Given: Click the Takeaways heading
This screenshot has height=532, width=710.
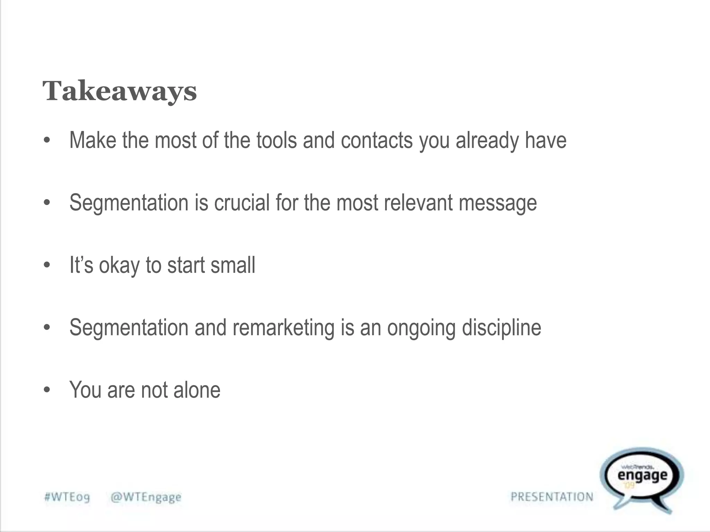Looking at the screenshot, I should pos(120,91).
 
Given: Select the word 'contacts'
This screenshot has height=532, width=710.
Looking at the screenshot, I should pos(377,140).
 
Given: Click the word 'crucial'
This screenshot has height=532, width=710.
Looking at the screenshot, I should pos(242,203).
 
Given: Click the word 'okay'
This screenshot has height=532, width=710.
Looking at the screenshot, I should pos(119,266).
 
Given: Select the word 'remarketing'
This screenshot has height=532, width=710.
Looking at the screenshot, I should pos(283,328).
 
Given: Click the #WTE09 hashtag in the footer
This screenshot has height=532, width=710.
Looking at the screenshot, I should pos(67,497).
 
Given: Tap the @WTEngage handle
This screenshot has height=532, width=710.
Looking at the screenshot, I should pos(146,497).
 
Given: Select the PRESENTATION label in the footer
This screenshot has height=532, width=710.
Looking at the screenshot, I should pos(552,497).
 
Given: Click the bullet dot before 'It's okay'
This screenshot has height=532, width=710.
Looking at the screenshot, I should pos(47,265).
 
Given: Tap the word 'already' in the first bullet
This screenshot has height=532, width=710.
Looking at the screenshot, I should pos(487,141).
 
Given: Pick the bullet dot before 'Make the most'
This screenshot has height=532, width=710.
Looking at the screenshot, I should pos(47,141).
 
